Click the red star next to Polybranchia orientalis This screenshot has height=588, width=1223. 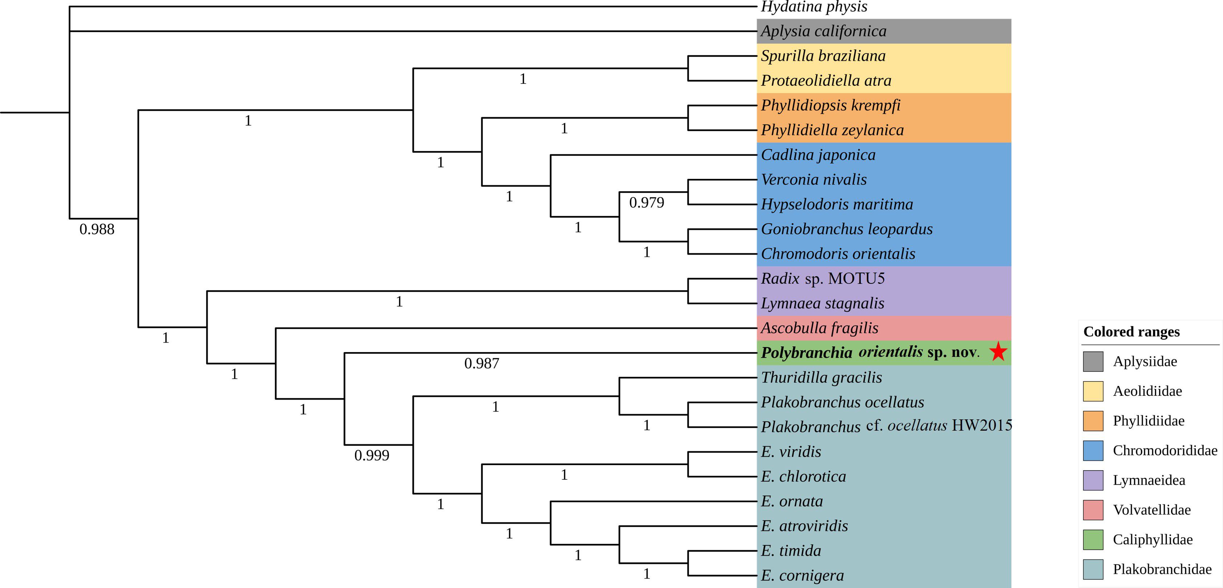click(998, 352)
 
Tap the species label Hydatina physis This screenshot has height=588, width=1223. click(814, 7)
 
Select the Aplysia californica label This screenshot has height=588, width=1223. click(823, 31)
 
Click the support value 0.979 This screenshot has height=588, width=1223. click(646, 203)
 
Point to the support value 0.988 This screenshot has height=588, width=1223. click(97, 229)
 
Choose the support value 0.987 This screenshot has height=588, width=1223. click(482, 363)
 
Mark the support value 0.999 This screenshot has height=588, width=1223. click(372, 456)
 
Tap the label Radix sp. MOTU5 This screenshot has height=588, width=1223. click(823, 279)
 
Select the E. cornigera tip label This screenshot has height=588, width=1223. click(802, 576)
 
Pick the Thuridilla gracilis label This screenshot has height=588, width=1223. click(821, 378)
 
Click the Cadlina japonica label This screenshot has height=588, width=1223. click(818, 155)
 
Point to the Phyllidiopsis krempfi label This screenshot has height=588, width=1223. click(830, 105)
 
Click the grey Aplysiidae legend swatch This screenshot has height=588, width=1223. click(1093, 362)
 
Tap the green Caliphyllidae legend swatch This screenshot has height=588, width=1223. click(1093, 540)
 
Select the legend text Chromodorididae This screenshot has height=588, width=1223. click(1165, 450)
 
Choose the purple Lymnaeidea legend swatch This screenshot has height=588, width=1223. click(1093, 480)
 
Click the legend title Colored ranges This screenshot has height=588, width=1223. click(1131, 332)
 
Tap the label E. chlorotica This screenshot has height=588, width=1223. click(803, 476)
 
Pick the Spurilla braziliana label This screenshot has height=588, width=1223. click(823, 56)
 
